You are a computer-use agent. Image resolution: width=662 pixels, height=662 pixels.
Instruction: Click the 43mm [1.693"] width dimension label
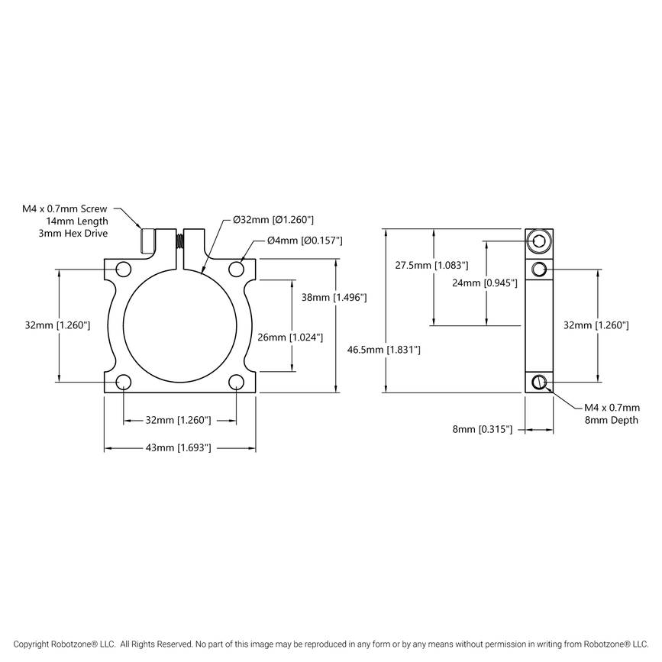click(179, 447)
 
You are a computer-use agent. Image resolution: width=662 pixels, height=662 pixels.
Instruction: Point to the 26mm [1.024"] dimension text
click(290, 337)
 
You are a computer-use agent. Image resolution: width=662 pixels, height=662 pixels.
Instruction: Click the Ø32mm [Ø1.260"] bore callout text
click(273, 220)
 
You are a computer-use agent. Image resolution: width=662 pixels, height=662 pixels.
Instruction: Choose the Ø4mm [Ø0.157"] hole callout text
click(304, 241)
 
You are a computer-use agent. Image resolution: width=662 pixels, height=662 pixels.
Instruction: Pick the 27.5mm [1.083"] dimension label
click(431, 265)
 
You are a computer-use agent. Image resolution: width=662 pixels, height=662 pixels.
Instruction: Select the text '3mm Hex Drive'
click(73, 233)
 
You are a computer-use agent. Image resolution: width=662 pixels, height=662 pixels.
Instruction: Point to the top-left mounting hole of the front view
click(122, 268)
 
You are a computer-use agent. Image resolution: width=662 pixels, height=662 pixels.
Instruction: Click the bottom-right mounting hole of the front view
click(236, 381)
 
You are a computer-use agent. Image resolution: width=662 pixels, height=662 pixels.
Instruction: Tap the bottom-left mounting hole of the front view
click(122, 381)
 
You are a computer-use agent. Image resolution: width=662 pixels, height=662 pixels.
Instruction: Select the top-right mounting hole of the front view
click(236, 268)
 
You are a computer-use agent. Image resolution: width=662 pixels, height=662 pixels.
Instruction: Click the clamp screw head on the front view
click(148, 241)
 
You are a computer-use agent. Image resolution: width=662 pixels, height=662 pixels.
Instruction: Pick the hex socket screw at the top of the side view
click(540, 241)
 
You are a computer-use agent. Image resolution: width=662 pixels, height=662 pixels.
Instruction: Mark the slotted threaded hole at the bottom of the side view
click(540, 381)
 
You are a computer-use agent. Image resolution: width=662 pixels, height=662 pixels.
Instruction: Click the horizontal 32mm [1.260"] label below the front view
click(179, 420)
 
